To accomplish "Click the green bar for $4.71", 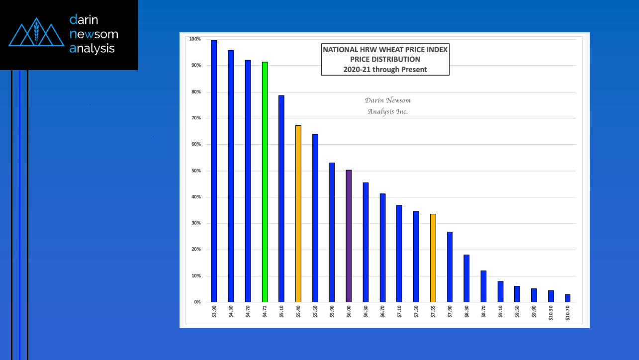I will pyautogui.click(x=265, y=182).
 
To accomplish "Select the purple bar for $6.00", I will pyautogui.click(x=349, y=236).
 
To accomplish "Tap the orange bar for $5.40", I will pyautogui.click(x=298, y=214).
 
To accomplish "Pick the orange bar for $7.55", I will pyautogui.click(x=433, y=258).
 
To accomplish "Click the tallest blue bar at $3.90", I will pyautogui.click(x=214, y=171).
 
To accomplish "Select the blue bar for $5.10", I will pyautogui.click(x=281, y=199).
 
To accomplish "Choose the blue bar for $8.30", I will pyautogui.click(x=466, y=278).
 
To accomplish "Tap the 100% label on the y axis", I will pyautogui.click(x=194, y=39).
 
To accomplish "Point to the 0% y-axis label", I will pyautogui.click(x=197, y=302).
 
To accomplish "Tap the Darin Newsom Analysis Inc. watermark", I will pyautogui.click(x=387, y=106).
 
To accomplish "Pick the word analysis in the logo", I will pyautogui.click(x=92, y=48).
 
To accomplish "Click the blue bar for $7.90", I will pyautogui.click(x=450, y=267).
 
